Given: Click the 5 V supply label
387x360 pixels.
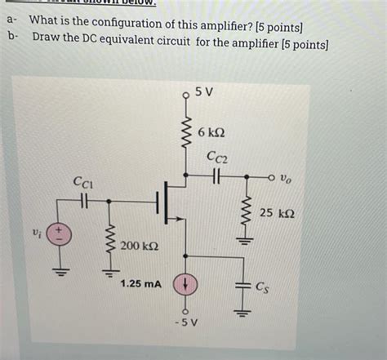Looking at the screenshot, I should tap(206, 92).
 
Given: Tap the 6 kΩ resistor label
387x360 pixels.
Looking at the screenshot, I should tap(211, 131).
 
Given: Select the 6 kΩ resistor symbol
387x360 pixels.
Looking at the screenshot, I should tap(186, 131).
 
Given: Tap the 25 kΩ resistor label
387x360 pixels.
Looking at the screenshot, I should tap(278, 214).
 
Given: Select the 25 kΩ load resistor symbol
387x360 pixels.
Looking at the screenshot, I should tap(242, 214).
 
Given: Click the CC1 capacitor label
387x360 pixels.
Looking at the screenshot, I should tap(83, 182).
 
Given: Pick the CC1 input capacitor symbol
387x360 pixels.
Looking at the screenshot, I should tap(83, 198).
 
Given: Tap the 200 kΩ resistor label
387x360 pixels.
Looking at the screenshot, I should tap(140, 246).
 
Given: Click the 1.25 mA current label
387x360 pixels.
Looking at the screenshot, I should tap(141, 284).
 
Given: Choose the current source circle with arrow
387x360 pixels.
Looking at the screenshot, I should tap(186, 285).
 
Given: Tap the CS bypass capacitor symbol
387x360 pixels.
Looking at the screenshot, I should tap(242, 286).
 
